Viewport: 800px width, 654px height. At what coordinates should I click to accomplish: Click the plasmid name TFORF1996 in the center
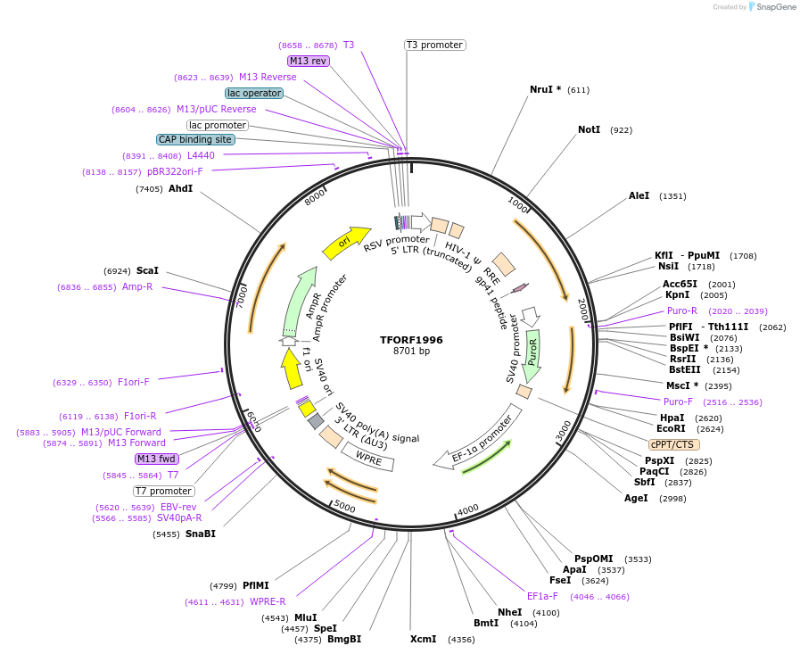tap(411, 340)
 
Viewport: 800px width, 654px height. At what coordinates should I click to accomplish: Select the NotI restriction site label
tap(589, 130)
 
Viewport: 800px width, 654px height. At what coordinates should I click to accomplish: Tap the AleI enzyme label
tap(639, 195)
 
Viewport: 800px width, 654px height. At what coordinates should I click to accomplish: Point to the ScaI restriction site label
tap(147, 270)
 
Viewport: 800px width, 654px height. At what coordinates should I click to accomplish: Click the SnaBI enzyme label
tap(200, 534)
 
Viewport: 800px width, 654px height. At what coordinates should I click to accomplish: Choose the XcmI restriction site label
tap(423, 639)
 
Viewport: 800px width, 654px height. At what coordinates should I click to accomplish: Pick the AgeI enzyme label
tap(636, 498)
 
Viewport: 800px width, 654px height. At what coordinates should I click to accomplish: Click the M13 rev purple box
tap(309, 61)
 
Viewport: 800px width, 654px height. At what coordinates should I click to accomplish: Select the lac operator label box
tap(254, 93)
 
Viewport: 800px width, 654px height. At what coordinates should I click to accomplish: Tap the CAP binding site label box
tap(195, 139)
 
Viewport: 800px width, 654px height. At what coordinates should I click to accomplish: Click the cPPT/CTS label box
tap(673, 444)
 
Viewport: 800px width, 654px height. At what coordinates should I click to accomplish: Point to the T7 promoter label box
tap(164, 491)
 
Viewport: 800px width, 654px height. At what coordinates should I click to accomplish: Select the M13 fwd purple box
tap(157, 459)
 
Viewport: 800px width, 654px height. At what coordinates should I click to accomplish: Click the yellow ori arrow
tap(345, 242)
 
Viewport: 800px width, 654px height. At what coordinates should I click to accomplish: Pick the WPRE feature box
tap(368, 458)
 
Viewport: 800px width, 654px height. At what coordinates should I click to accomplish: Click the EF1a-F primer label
tap(542, 596)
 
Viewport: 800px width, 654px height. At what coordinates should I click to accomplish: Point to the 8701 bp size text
tap(411, 352)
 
